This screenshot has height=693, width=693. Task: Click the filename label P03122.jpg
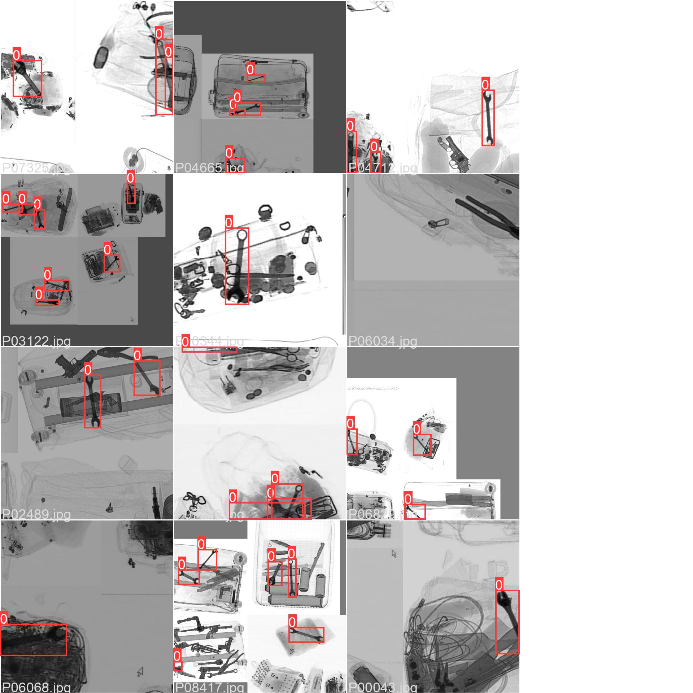(x=36, y=341)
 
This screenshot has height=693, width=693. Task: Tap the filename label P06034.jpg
(x=383, y=341)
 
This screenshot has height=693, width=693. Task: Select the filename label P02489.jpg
(x=36, y=514)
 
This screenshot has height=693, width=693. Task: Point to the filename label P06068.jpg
(x=36, y=687)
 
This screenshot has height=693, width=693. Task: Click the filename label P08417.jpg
(x=210, y=687)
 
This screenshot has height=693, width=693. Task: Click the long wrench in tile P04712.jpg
(x=488, y=118)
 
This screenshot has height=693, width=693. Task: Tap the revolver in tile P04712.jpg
(x=456, y=153)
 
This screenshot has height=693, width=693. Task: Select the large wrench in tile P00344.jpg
(x=237, y=266)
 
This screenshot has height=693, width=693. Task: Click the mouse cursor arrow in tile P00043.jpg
(x=394, y=554)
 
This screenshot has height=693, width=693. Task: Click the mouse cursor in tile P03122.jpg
(x=132, y=319)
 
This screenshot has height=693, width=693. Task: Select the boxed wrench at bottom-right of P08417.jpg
(x=306, y=635)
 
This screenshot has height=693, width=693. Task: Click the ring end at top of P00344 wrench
(x=241, y=235)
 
